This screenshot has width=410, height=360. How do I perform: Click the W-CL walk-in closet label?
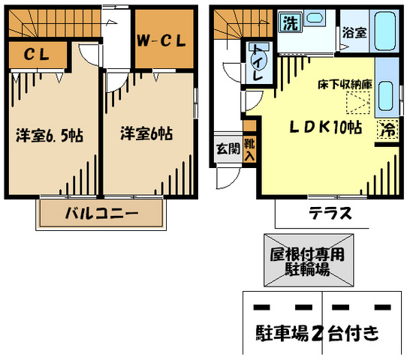(x=161, y=40)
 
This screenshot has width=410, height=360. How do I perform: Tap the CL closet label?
(x=37, y=54)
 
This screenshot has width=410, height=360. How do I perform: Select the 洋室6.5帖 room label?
(x=50, y=135)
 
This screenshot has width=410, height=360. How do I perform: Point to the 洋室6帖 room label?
(x=146, y=133)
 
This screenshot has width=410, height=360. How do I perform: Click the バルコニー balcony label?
(x=101, y=213)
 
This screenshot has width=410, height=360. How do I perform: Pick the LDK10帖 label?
(x=326, y=127)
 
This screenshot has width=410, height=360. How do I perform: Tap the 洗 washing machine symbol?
(x=291, y=22)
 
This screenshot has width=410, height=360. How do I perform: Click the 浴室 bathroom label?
(x=354, y=32)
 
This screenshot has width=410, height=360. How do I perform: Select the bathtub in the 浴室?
(x=385, y=31)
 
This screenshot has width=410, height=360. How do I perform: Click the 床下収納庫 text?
(x=345, y=85)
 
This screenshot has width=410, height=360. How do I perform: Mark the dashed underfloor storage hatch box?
(x=358, y=103)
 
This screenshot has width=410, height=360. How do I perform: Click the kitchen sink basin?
(x=385, y=95)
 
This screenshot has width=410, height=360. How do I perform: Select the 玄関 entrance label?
(x=228, y=149)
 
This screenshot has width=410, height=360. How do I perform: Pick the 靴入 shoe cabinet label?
(x=249, y=150)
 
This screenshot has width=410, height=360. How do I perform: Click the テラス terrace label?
(x=330, y=213)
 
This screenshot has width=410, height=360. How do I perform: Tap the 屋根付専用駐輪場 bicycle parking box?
(x=309, y=260)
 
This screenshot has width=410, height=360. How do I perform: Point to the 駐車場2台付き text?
(x=317, y=333)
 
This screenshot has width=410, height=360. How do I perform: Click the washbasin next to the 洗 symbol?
(x=315, y=18)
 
